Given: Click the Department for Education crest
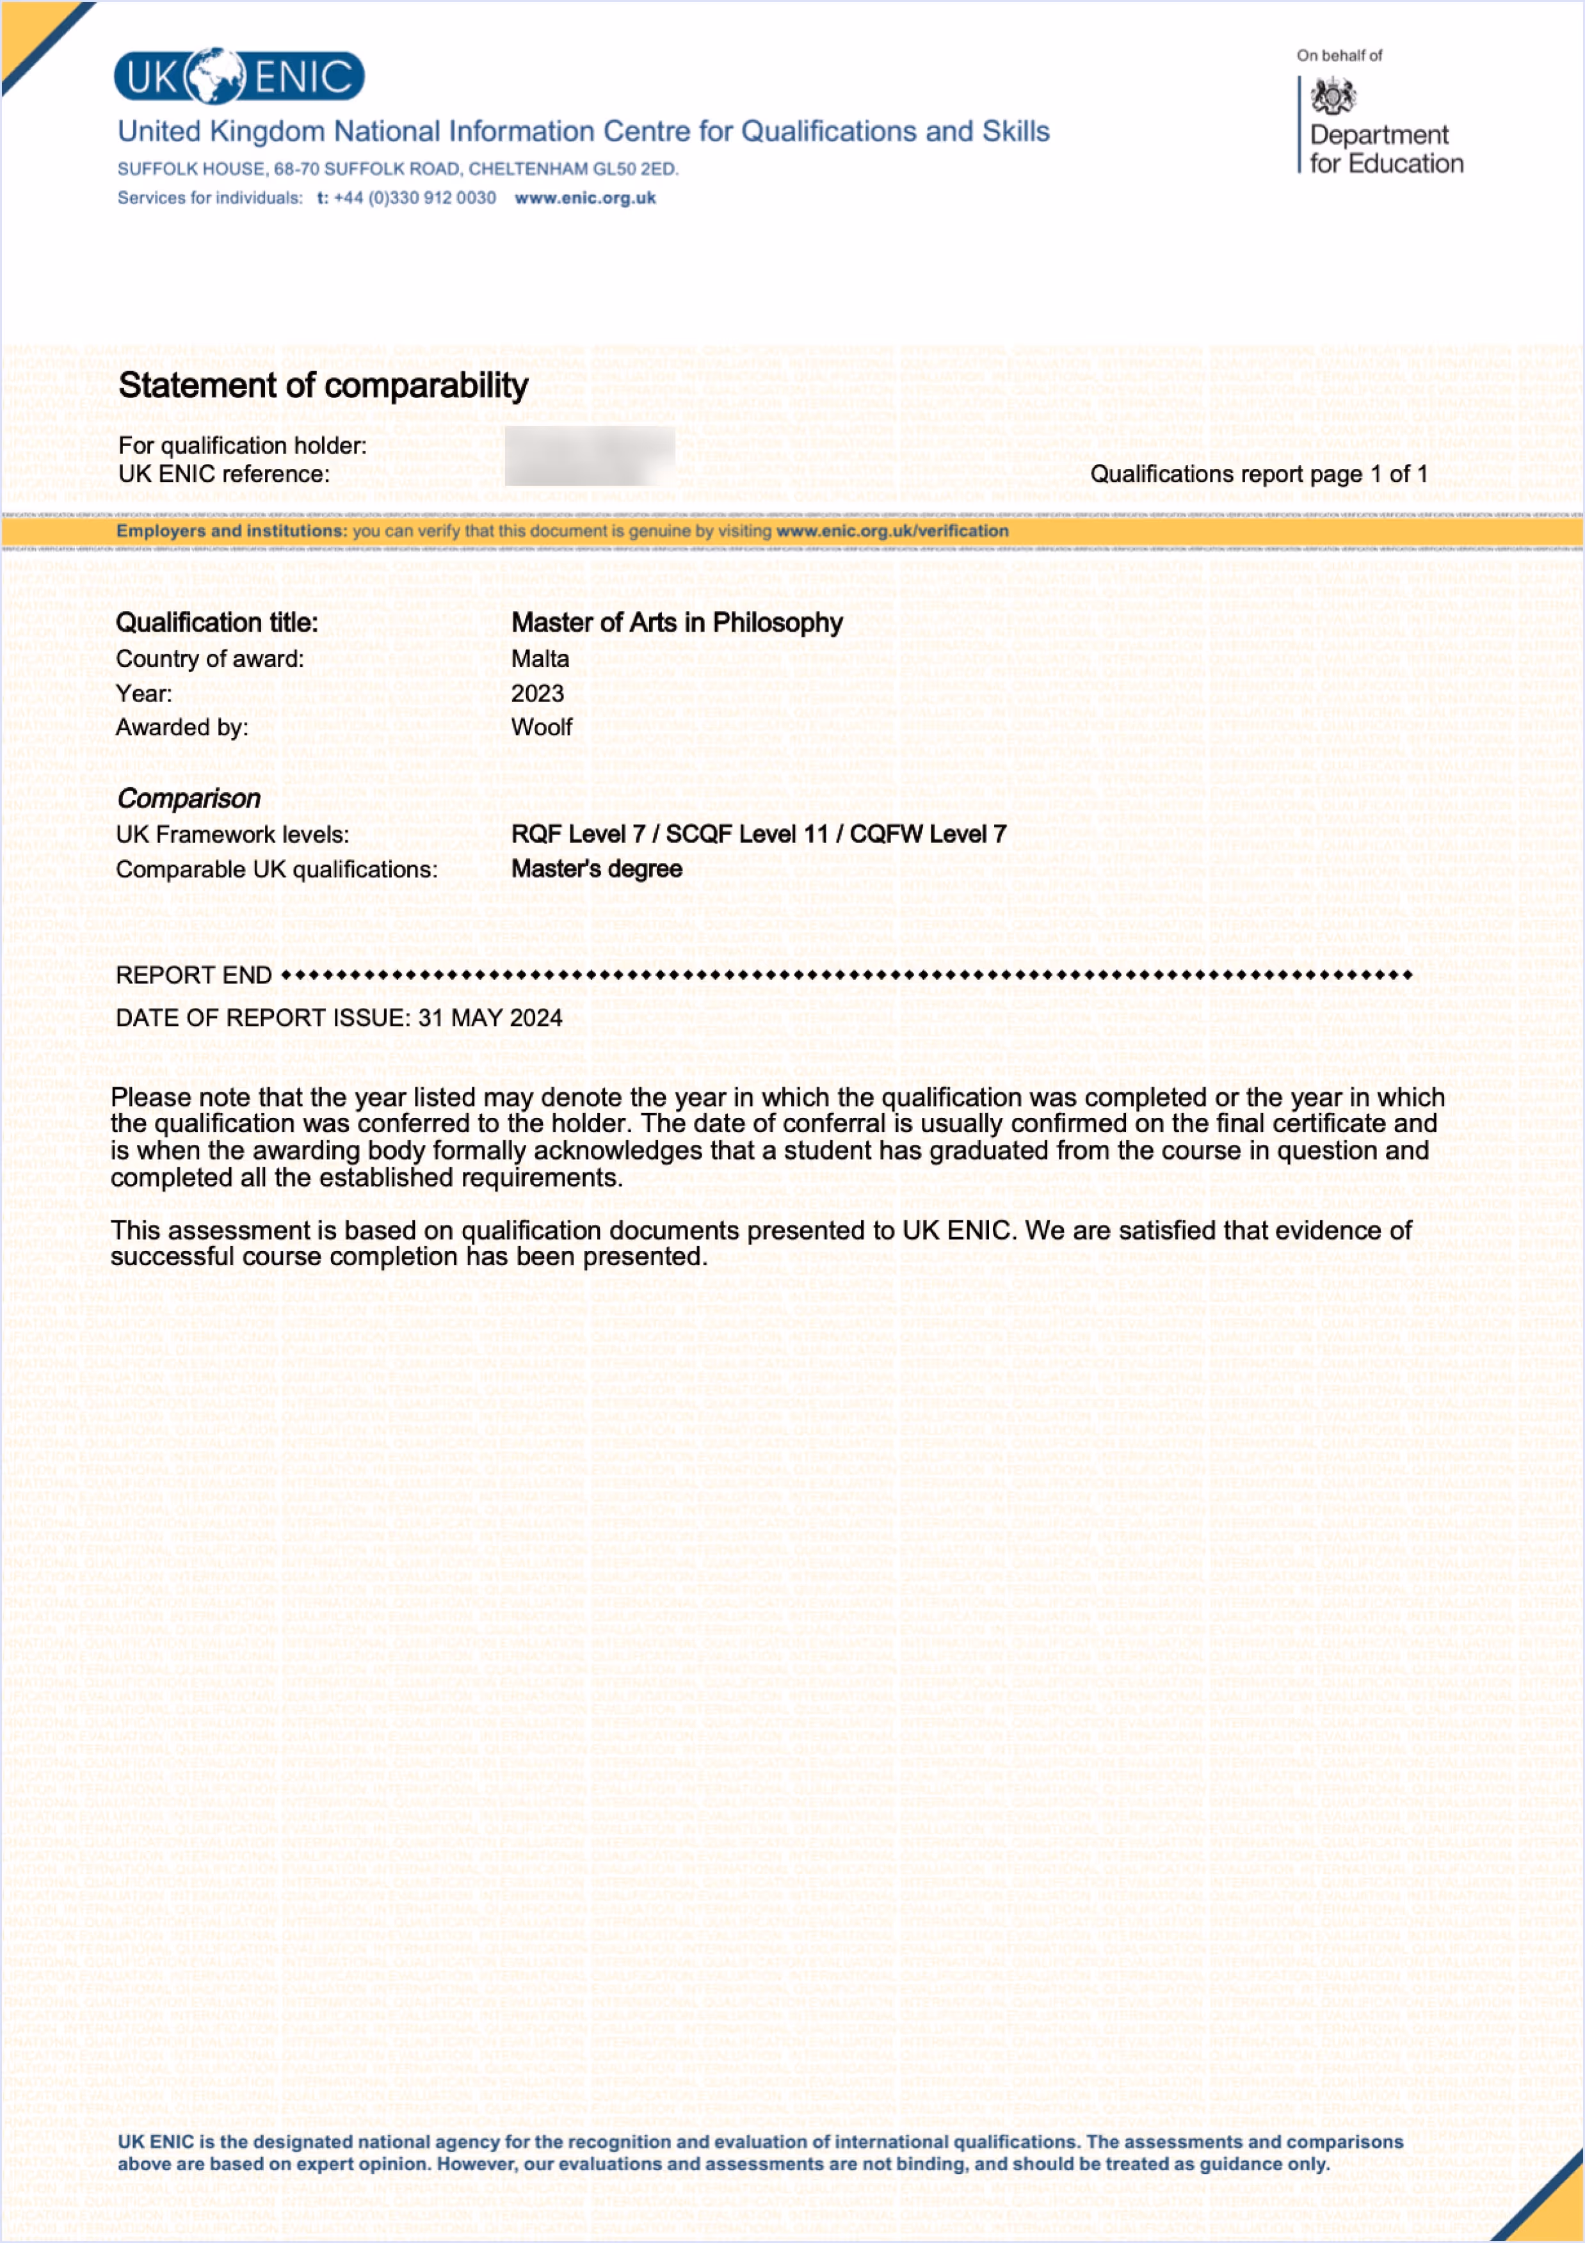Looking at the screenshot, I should [1332, 96].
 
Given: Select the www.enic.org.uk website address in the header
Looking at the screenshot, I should [584, 198].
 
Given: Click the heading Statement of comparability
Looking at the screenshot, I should [323, 386].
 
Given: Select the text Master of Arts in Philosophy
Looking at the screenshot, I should [676, 623].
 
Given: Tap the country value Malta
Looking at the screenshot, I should [540, 659].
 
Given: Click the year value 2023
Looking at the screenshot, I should [538, 694].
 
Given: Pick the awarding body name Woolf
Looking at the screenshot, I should [542, 728].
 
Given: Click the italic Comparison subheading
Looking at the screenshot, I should [189, 799].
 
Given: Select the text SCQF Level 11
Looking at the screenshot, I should [746, 834].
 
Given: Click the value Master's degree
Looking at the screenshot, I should [596, 870].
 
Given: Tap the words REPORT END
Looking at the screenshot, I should [193, 976].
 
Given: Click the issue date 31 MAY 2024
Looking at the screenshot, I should [490, 1018].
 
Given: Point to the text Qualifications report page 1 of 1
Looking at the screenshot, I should [1259, 475].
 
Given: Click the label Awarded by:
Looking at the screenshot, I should [182, 728].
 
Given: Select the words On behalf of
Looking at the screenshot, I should [1339, 56].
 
